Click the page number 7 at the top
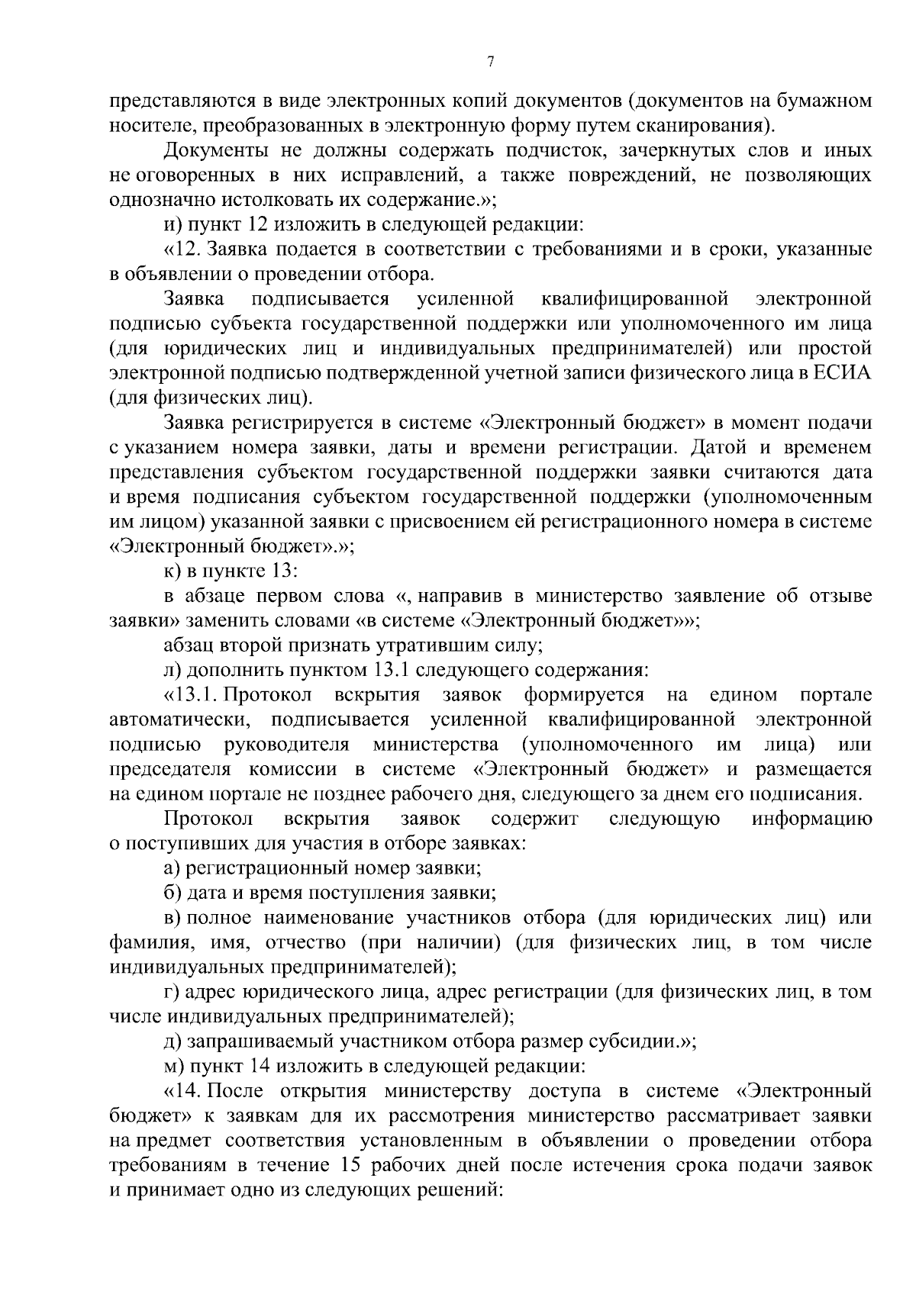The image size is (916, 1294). [x=489, y=63]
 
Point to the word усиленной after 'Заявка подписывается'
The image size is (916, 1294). [x=467, y=299]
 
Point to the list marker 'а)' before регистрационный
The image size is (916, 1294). [x=173, y=868]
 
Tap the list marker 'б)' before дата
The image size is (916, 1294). [x=173, y=893]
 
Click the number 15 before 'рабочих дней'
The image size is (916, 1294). [x=341, y=1166]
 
